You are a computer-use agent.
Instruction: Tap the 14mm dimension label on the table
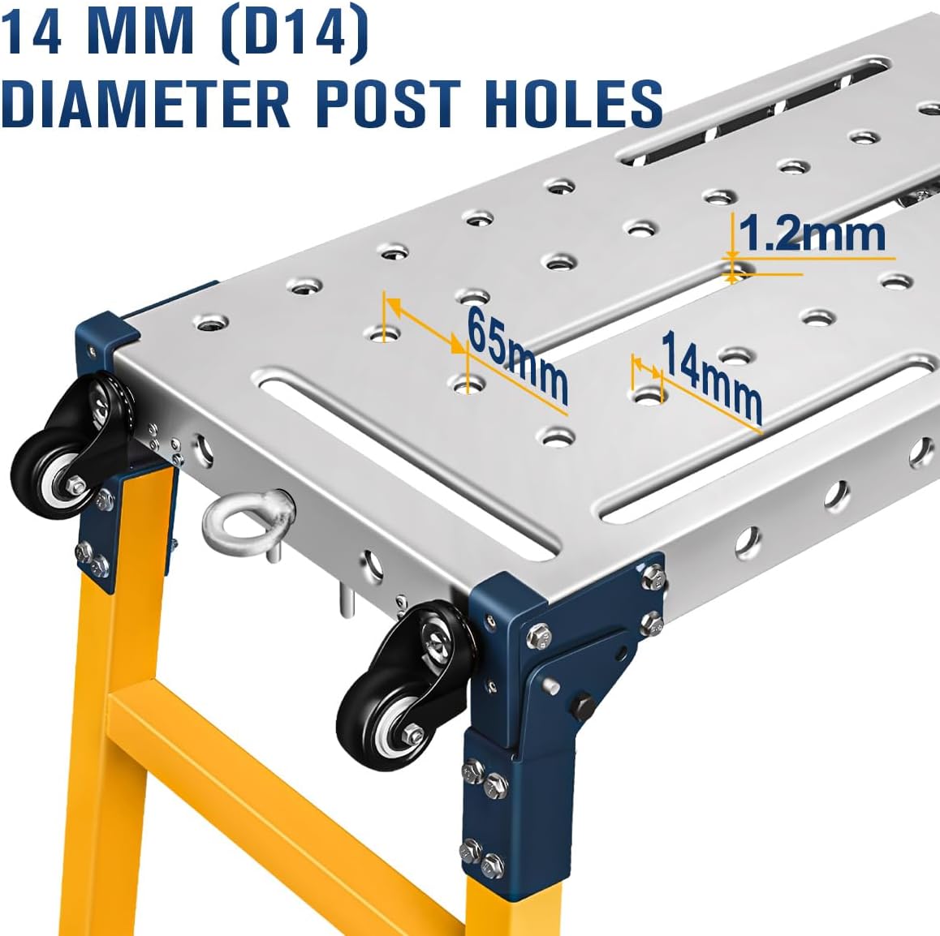click(711, 378)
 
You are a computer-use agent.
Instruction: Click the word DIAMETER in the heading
click(145, 104)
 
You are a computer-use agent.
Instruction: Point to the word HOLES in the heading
click(574, 104)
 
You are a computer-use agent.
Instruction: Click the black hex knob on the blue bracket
click(582, 706)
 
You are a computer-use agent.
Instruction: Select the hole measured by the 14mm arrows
click(648, 395)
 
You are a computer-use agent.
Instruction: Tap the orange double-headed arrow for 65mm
click(425, 324)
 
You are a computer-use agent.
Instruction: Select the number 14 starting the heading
click(34, 36)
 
